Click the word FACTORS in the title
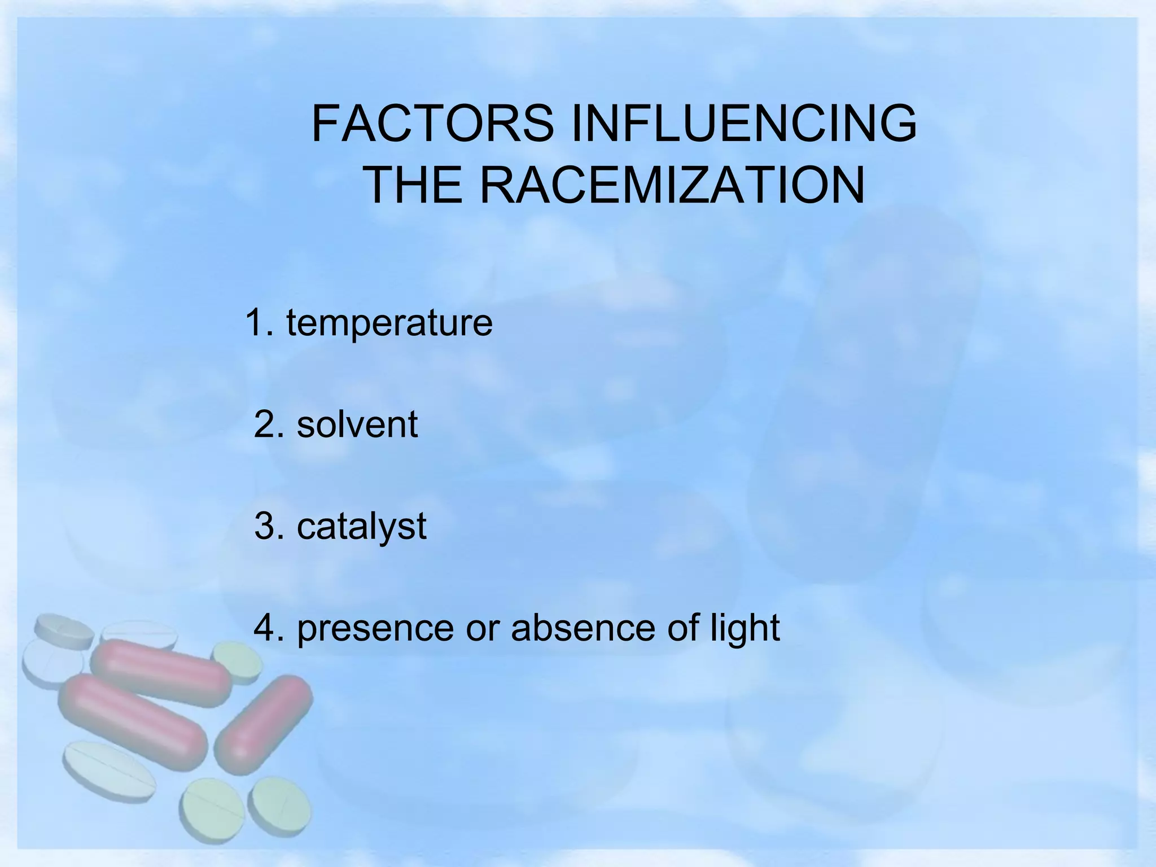coord(432,124)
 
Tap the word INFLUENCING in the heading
coord(744,124)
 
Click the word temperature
coord(389,323)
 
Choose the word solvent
coord(357,424)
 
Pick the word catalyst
coord(361,527)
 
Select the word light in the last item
coord(745,629)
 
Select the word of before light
coord(683,628)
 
